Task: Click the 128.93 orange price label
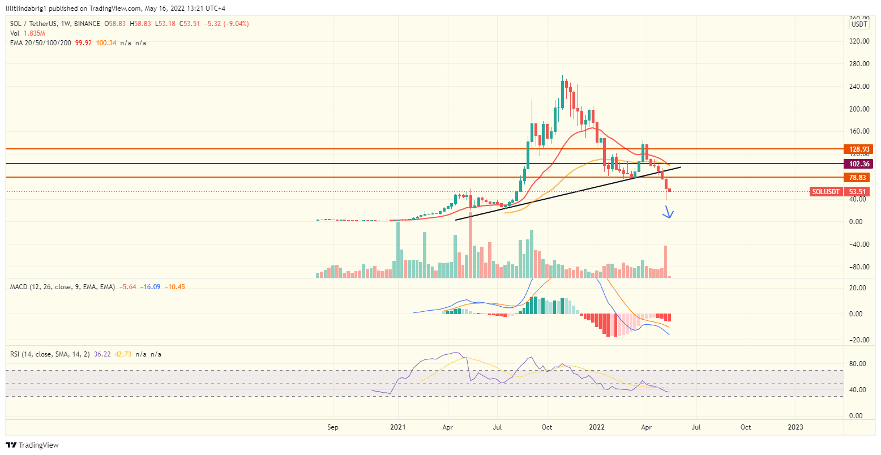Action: [x=859, y=149]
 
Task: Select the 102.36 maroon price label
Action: [x=859, y=164]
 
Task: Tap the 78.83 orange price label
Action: [x=859, y=178]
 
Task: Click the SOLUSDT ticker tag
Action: [x=826, y=192]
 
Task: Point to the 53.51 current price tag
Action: [x=859, y=192]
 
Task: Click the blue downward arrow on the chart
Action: [x=669, y=213]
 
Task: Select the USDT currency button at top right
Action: [x=859, y=24]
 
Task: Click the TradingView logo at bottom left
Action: [x=33, y=445]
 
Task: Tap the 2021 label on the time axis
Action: [x=398, y=427]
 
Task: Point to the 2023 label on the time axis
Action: [x=796, y=427]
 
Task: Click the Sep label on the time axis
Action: [x=333, y=427]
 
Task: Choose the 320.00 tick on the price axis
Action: [x=859, y=41]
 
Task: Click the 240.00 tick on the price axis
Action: [x=859, y=87]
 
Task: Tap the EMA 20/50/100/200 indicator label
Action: [x=40, y=43]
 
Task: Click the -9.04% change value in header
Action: [x=236, y=24]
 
